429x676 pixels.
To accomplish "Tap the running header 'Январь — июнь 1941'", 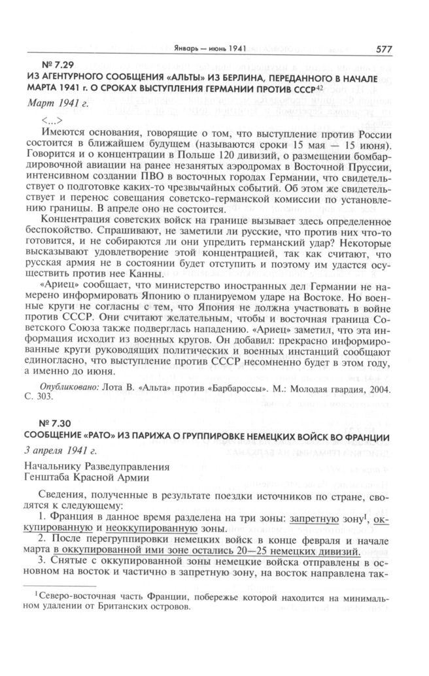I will [x=207, y=49].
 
